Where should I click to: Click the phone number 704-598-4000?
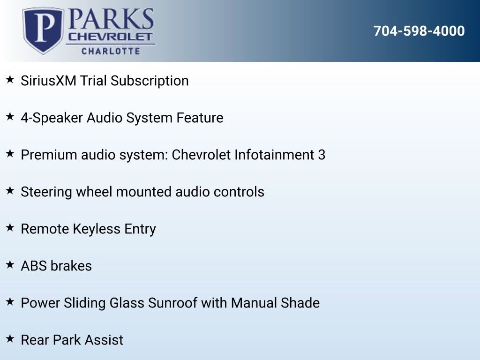click(x=419, y=31)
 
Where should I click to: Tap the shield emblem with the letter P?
click(x=44, y=30)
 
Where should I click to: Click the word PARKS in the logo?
click(x=111, y=19)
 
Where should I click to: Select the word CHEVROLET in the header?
click(x=110, y=37)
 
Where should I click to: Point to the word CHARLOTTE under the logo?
click(x=111, y=51)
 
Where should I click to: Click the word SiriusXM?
click(x=48, y=81)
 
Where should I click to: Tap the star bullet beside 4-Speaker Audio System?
click(x=10, y=116)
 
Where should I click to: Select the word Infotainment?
click(x=274, y=155)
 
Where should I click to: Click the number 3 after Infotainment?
click(x=322, y=155)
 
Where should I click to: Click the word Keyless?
click(x=97, y=229)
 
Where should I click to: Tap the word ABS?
click(x=34, y=266)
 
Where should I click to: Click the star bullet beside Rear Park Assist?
click(x=10, y=338)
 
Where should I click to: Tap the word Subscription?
click(x=150, y=81)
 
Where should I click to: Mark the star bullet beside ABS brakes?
click(x=10, y=264)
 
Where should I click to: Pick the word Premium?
click(x=49, y=155)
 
